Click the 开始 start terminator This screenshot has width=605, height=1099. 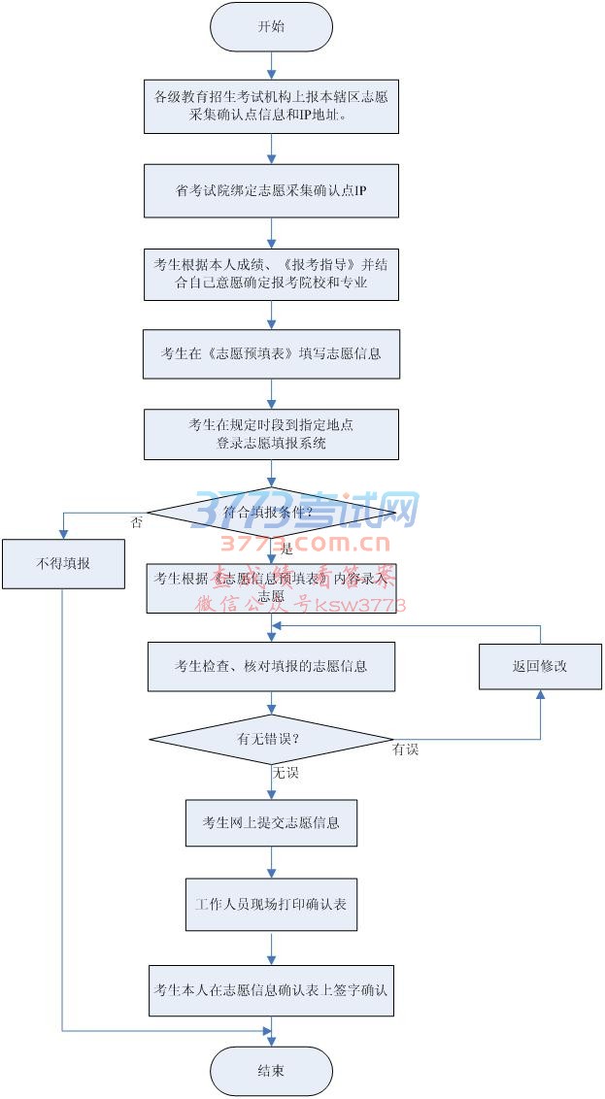[x=271, y=27]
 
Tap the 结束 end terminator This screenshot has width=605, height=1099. [x=271, y=1071]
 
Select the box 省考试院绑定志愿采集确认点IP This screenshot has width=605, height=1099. [x=271, y=190]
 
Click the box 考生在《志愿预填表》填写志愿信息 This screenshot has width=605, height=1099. [x=271, y=353]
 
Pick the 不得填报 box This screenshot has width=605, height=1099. [x=63, y=563]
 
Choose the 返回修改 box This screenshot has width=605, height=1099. [x=540, y=666]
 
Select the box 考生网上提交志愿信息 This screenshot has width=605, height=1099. [x=271, y=823]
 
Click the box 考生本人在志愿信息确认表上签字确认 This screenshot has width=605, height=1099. [x=271, y=990]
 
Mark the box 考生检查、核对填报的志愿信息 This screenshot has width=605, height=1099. [x=271, y=666]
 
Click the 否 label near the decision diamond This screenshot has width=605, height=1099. [x=136, y=522]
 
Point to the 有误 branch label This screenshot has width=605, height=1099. [x=405, y=750]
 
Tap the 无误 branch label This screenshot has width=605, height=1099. [x=285, y=773]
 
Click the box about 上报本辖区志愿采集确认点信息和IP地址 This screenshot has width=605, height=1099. [x=271, y=106]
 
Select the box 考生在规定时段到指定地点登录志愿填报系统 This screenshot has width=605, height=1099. [x=271, y=434]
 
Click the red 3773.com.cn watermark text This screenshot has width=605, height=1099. [x=305, y=544]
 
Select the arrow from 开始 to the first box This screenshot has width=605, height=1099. [x=271, y=65]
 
